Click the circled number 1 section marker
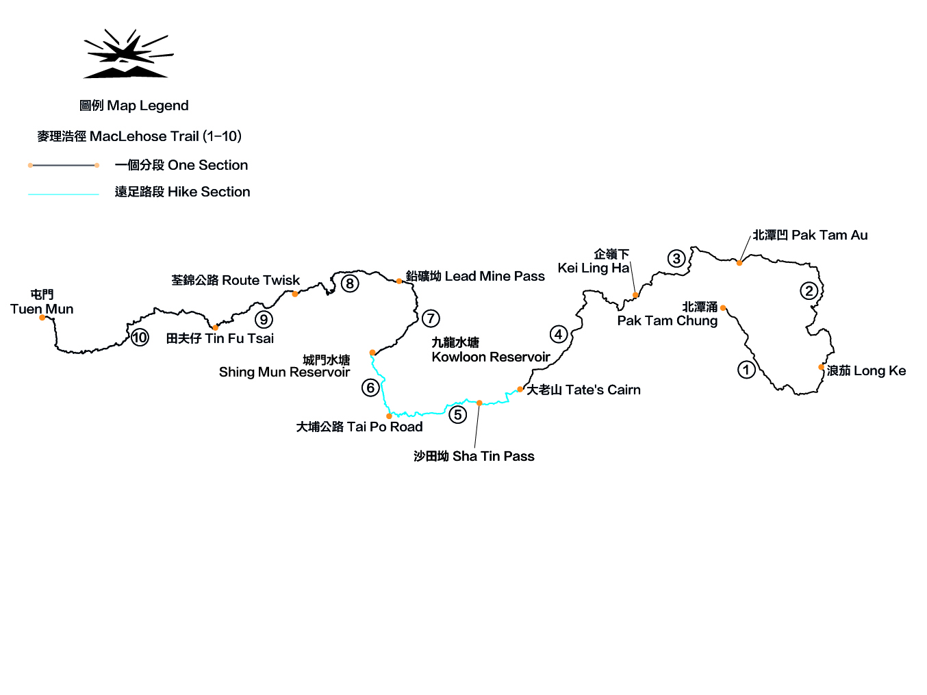pos(746,370)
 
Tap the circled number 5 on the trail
pos(458,414)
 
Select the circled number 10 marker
pos(140,338)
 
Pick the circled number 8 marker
pos(350,283)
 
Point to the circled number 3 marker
pos(676,258)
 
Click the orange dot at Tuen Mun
pos(42,318)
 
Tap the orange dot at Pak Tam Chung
pos(723,308)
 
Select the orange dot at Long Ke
pos(821,367)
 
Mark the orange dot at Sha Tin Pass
pos(479,403)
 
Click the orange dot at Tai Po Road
pos(389,416)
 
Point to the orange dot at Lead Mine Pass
pos(399,281)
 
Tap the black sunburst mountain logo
pos(128,53)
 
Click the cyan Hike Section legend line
pos(64,194)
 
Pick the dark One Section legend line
pos(64,165)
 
